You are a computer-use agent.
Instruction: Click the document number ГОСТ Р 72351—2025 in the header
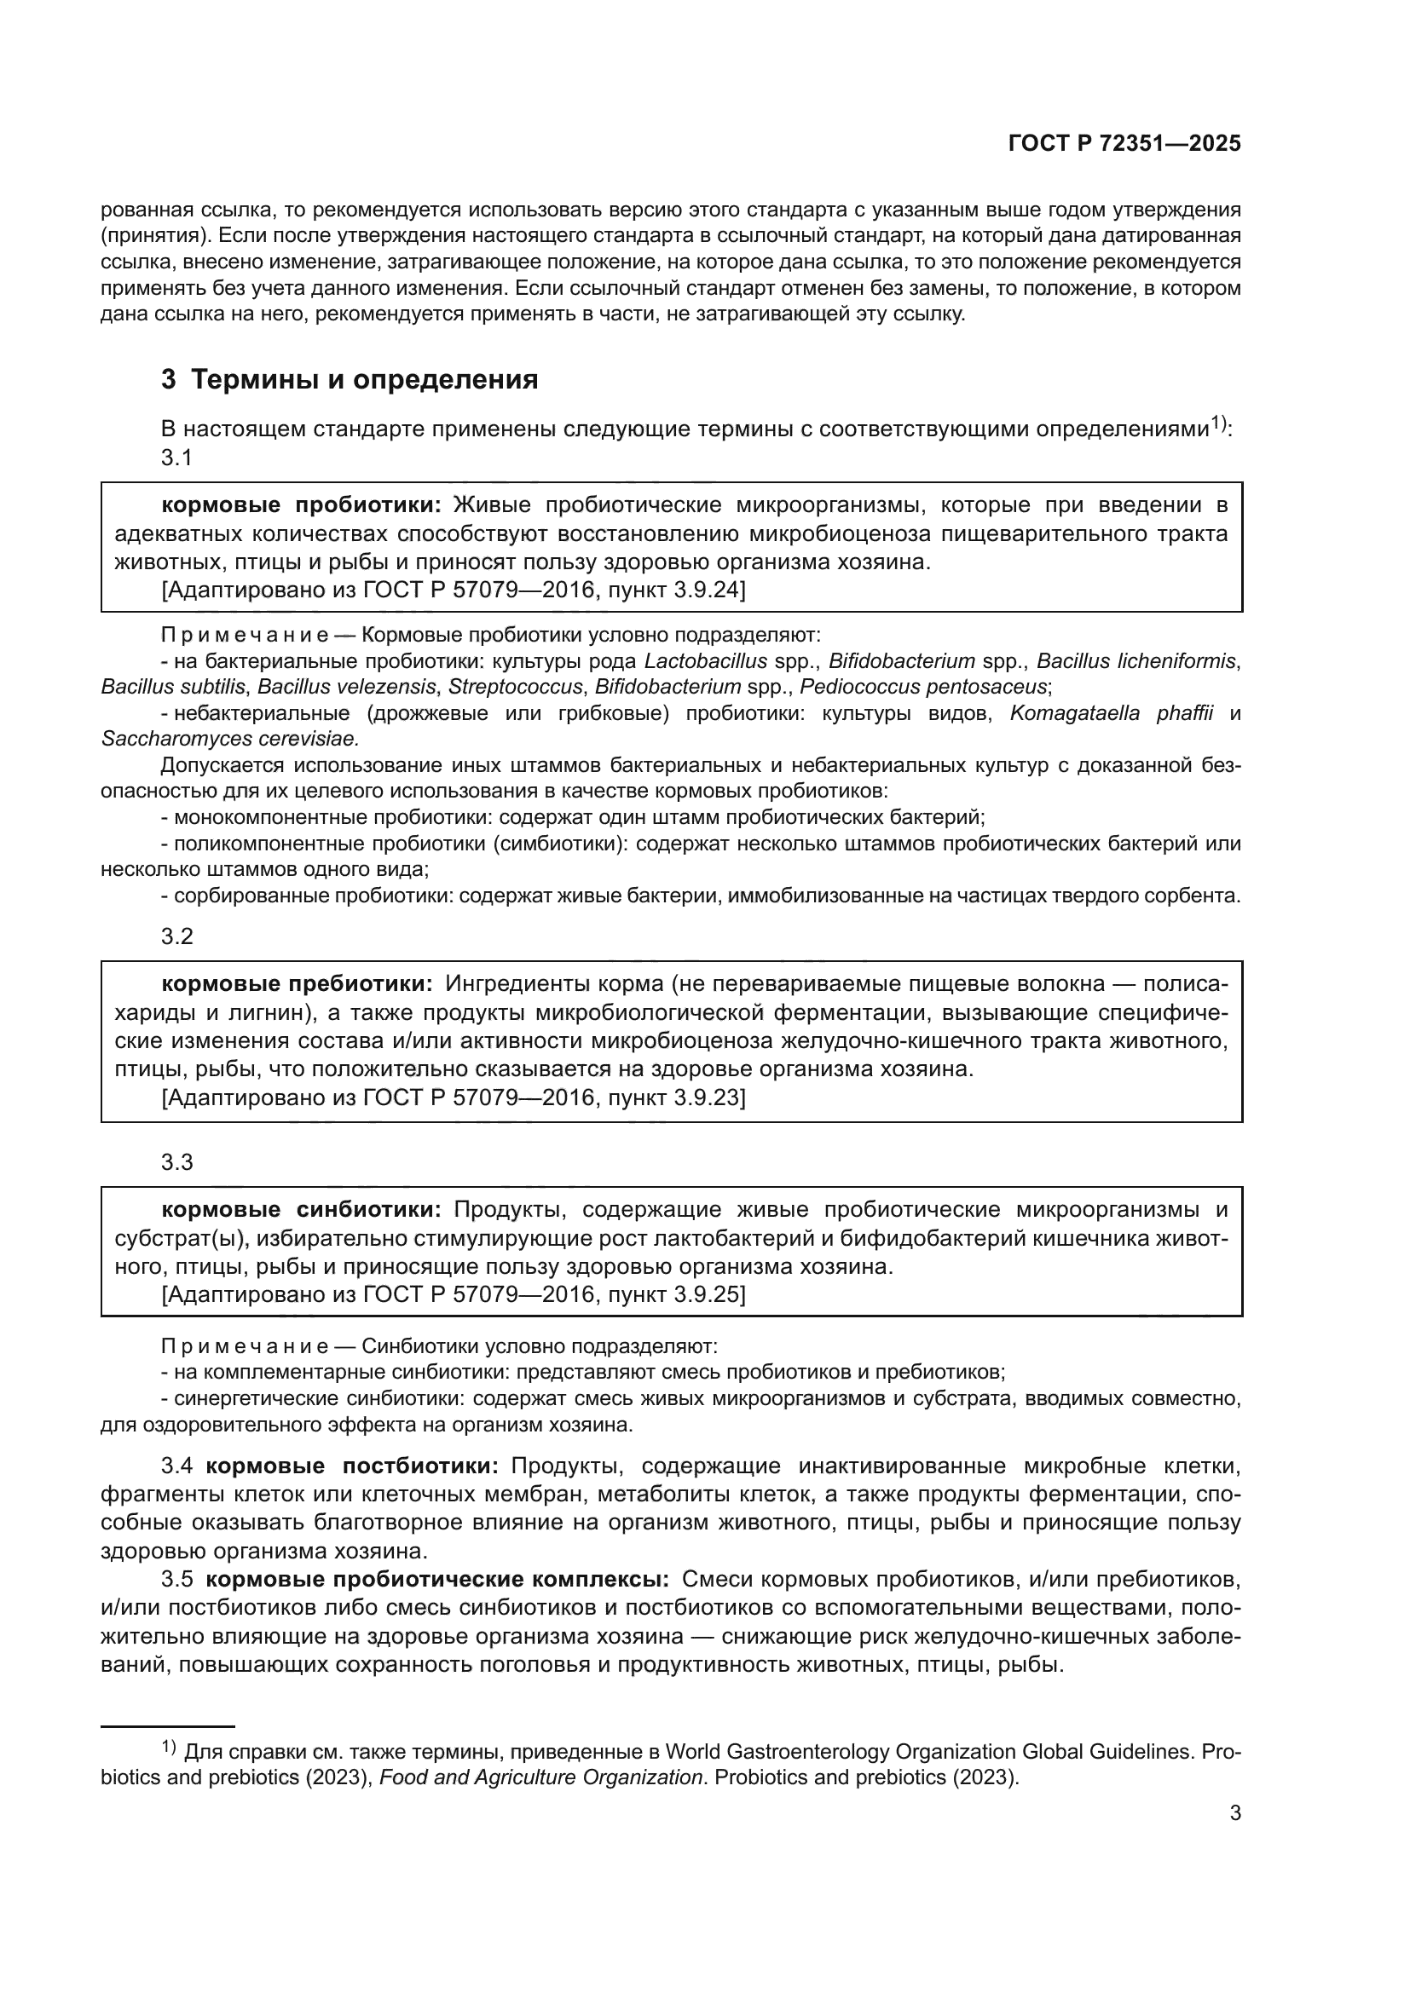pos(1124,144)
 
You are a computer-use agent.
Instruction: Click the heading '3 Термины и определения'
pos(350,379)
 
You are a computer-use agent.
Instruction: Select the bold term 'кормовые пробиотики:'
pos(301,504)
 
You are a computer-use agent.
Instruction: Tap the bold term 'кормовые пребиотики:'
pos(297,983)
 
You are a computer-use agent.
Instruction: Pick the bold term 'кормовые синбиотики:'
pos(301,1209)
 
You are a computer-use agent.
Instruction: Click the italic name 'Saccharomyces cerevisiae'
pos(229,739)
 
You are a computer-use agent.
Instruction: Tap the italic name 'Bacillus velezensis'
pos(346,687)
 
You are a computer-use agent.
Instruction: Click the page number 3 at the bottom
pos(1234,1813)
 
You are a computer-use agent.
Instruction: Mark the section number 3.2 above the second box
pos(177,936)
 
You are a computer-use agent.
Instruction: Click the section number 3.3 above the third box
pos(177,1162)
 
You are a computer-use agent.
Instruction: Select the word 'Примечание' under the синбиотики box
pos(245,1346)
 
